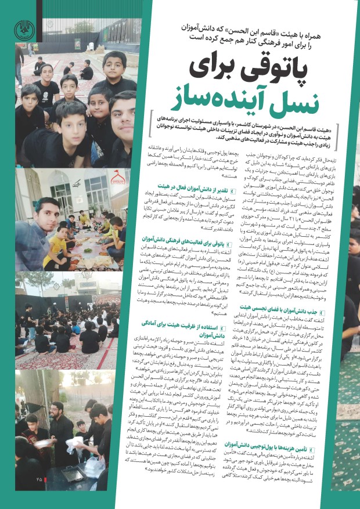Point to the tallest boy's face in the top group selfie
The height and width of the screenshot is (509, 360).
[114, 63]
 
